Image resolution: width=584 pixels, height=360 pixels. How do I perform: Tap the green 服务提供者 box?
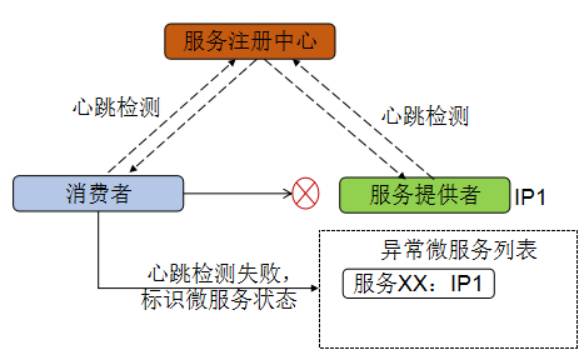click(423, 193)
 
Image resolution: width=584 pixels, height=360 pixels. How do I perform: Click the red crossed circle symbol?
click(303, 192)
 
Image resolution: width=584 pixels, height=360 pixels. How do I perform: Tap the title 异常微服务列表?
click(448, 250)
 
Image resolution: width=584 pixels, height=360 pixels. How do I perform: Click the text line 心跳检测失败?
click(221, 273)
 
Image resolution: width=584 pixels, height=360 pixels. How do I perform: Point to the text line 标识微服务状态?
click(221, 299)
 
